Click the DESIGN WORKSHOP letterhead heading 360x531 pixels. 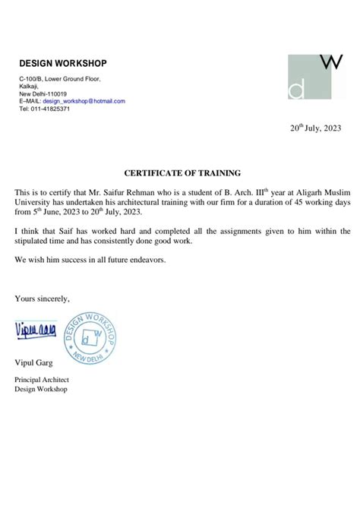pyautogui.click(x=63, y=63)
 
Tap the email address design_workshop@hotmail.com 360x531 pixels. pyautogui.click(x=84, y=101)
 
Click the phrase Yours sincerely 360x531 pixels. pyautogui.click(x=42, y=299)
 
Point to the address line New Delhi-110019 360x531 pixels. pyautogui.click(x=43, y=93)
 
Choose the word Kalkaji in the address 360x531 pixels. pyautogui.click(x=28, y=86)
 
